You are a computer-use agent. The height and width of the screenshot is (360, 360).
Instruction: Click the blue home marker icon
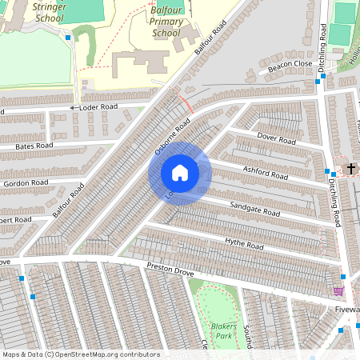(180, 173)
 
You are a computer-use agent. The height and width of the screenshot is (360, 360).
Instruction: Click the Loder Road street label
(98, 106)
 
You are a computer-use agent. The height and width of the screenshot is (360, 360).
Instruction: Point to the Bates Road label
(34, 146)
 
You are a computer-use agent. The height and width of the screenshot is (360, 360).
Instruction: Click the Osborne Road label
(172, 136)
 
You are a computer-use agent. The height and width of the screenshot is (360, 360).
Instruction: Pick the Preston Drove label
(170, 273)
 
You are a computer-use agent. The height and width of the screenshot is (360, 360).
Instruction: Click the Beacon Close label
(290, 65)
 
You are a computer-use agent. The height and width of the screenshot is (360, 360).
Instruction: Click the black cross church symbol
(351, 169)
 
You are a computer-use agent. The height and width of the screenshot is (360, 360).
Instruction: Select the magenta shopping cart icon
(338, 292)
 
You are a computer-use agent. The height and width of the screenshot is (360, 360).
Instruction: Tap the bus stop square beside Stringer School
(69, 37)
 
